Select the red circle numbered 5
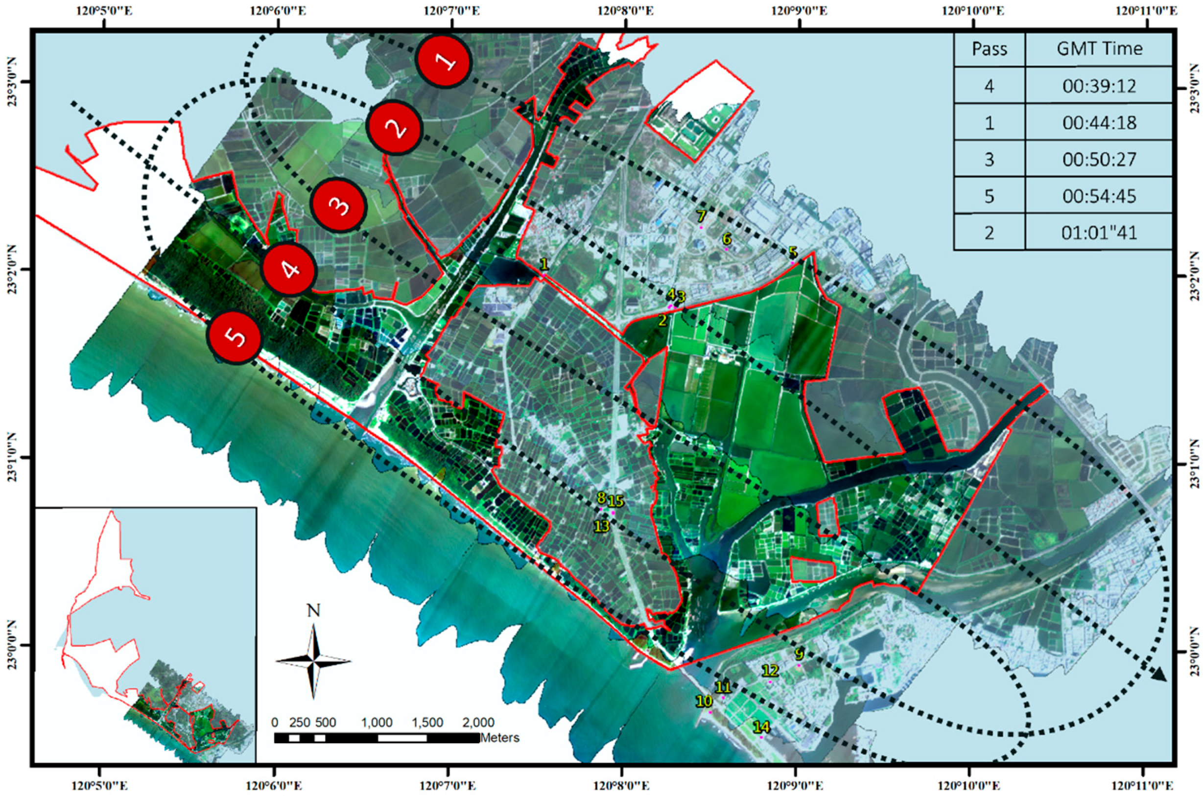(x=234, y=337)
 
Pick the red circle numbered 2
(x=395, y=127)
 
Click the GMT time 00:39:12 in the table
(x=1099, y=86)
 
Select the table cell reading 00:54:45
(x=1099, y=196)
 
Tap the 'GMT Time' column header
(x=1099, y=49)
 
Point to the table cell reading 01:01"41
(x=1099, y=233)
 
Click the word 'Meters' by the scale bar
(x=499, y=737)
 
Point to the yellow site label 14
(x=761, y=727)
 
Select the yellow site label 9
(x=800, y=654)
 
